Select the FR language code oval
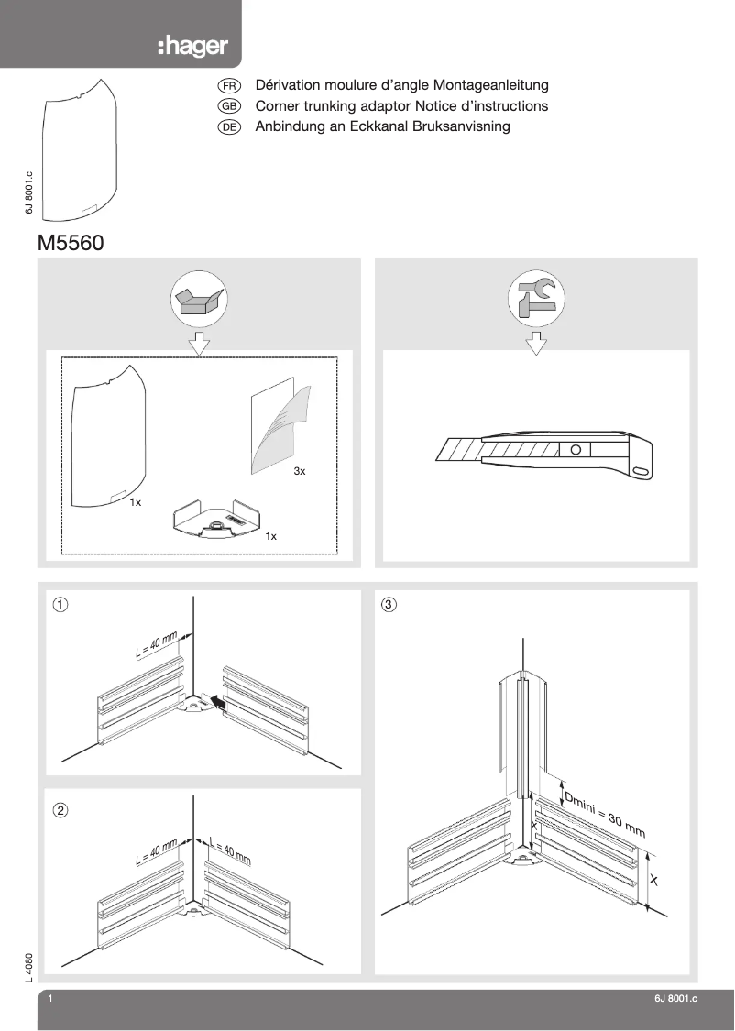point(229,85)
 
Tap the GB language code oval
point(229,106)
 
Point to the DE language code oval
point(229,127)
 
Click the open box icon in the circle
point(199,301)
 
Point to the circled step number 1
point(60,604)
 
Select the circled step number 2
point(60,810)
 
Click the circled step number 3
point(389,604)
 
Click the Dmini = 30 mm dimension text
point(604,816)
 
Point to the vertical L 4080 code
point(30,968)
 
